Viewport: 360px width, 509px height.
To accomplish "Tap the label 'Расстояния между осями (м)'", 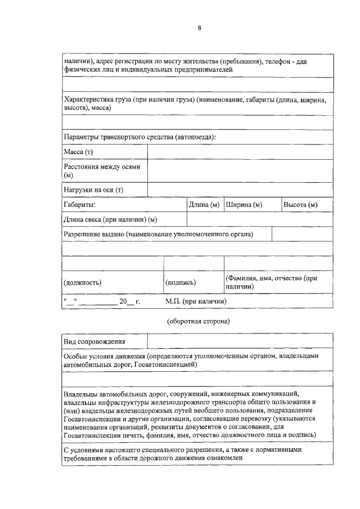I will coord(101,171).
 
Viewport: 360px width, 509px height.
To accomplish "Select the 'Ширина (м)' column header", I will coord(244,205).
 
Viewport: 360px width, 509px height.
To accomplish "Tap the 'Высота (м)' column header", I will coord(300,205).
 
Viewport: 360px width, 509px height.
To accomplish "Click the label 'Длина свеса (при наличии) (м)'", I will coord(110,219).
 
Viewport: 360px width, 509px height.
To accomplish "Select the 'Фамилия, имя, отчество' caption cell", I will coord(272,282).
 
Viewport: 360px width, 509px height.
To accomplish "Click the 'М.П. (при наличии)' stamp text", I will coord(196,301).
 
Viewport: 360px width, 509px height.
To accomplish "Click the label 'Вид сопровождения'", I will coord(94,341).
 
